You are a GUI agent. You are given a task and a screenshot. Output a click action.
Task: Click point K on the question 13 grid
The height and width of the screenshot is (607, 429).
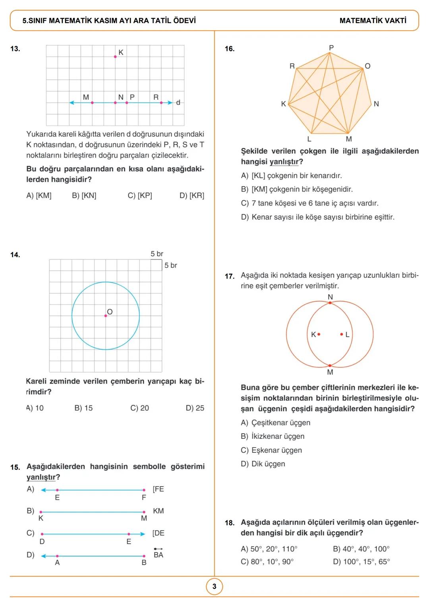coord(115,57)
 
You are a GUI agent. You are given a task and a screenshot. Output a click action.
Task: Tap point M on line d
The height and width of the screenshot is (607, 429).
coord(92,103)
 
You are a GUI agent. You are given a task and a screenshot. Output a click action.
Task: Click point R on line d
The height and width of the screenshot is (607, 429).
coord(161,103)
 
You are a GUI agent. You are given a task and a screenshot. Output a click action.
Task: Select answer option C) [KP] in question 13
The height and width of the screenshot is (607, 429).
coord(140,196)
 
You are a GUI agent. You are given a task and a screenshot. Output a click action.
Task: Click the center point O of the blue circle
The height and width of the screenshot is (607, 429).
coord(106,316)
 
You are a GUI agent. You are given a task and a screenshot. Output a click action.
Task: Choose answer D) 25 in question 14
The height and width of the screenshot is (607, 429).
coord(195,408)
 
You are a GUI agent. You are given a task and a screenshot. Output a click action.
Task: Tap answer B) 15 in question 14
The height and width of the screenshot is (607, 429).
coord(83,408)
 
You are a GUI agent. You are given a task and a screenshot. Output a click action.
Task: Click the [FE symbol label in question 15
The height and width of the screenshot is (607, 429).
coord(158,489)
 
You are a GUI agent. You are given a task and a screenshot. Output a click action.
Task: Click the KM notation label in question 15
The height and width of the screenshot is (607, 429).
coord(158,511)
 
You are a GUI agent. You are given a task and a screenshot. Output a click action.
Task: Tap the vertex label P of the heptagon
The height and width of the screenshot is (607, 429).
coord(332,48)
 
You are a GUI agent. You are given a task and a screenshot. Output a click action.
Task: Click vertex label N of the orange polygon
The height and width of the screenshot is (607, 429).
coord(376,104)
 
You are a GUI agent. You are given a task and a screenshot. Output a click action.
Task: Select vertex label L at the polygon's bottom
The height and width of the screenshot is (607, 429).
coord(309,139)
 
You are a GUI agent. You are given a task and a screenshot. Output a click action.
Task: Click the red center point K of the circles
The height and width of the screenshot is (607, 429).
coord(319,334)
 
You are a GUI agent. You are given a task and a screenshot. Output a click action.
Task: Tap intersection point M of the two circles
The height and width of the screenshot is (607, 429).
coord(330,365)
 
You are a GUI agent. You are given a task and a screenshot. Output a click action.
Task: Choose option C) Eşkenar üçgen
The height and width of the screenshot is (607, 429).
coord(272,450)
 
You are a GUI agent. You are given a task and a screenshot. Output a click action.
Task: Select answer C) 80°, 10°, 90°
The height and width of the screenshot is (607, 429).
coord(267,562)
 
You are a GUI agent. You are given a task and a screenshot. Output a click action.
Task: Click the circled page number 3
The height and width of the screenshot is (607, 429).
coord(214,586)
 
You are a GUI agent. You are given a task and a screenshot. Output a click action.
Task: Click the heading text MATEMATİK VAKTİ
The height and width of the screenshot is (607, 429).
coord(373,21)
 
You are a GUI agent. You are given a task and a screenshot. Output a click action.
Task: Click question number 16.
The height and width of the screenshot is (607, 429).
coord(230,49)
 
